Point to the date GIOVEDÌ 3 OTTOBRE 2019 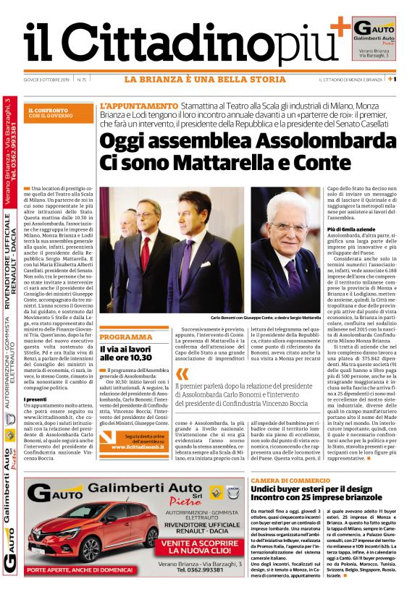47,79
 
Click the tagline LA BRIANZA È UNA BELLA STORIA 205,79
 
